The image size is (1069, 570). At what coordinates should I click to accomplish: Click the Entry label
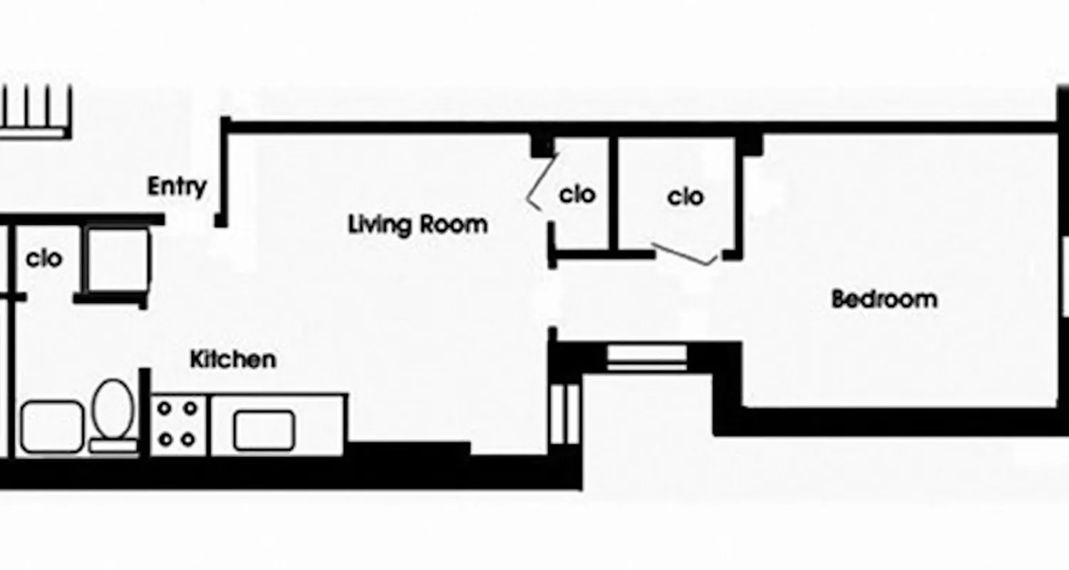click(x=177, y=187)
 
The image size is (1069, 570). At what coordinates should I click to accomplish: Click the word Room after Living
click(x=453, y=224)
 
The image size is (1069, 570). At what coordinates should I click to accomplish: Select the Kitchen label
click(x=232, y=359)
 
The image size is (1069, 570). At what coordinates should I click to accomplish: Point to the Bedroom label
click(x=884, y=299)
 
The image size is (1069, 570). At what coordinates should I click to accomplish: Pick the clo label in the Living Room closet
click(x=577, y=195)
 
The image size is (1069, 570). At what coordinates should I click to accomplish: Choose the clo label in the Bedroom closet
click(x=686, y=197)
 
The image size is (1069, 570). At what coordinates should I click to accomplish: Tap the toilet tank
click(x=113, y=446)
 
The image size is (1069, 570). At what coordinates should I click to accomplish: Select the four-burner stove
click(x=177, y=424)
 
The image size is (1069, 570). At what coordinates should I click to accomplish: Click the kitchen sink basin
click(x=264, y=430)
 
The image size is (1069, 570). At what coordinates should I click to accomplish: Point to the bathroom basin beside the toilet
click(x=51, y=427)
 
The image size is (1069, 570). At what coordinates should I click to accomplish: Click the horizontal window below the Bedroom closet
click(x=646, y=356)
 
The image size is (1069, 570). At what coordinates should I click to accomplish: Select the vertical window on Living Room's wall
click(x=565, y=413)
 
